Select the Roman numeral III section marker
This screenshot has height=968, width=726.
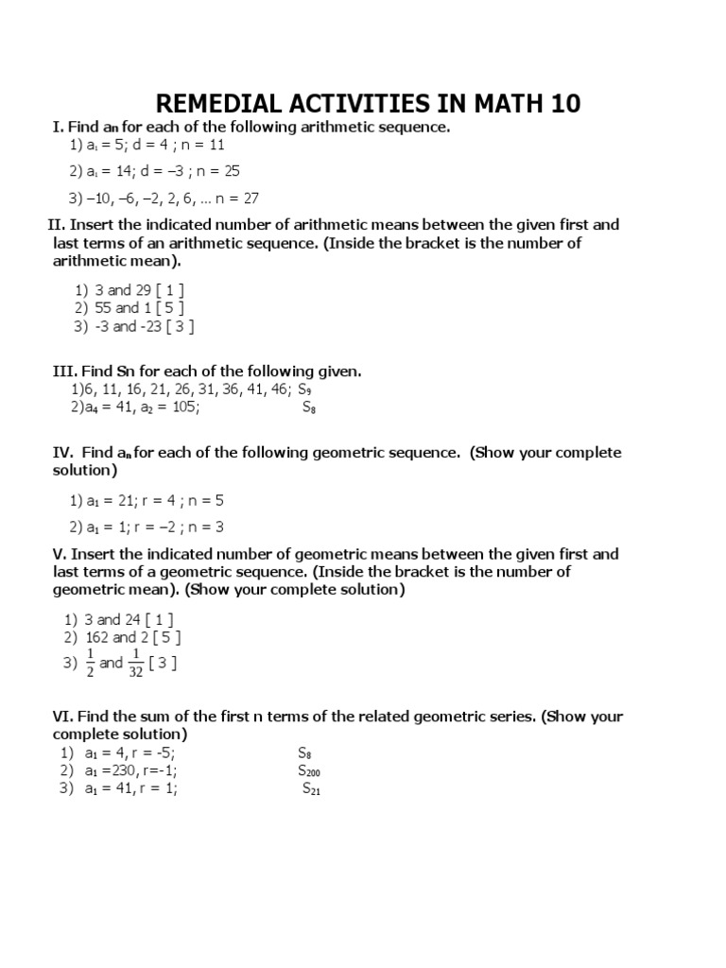(63, 371)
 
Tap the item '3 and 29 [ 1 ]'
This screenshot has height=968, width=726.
(137, 290)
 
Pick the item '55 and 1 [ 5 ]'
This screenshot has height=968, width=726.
(136, 308)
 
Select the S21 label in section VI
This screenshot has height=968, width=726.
(312, 789)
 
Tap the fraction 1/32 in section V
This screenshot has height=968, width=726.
(137, 663)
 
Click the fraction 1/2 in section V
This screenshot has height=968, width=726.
(91, 663)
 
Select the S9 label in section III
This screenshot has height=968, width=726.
(305, 389)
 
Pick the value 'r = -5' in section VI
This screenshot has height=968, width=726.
(152, 753)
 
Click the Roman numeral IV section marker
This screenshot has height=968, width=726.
(61, 453)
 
